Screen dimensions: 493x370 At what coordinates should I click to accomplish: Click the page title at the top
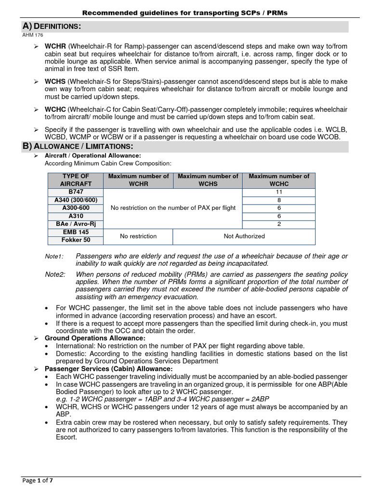pos(185,13)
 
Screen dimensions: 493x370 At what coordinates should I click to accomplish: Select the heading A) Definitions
pos(52,26)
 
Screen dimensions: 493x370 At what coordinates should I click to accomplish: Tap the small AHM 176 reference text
pos(33,35)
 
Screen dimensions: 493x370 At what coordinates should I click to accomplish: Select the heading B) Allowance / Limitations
pos(78,146)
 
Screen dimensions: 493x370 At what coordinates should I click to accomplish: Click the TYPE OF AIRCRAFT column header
pos(76,180)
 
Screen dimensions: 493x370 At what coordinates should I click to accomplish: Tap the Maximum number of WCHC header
pos(279,180)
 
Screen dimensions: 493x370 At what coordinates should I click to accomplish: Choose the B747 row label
pos(76,192)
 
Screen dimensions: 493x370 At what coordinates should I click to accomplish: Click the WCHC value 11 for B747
pos(279,192)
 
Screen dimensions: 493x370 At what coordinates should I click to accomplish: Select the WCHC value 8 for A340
pos(279,200)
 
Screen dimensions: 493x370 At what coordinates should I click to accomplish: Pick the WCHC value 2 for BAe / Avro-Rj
pos(279,224)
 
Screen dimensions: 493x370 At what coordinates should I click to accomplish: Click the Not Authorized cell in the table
pos(244,236)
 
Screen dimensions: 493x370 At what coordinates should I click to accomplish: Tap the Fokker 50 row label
pos(76,240)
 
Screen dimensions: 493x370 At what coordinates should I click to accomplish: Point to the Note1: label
pos(54,257)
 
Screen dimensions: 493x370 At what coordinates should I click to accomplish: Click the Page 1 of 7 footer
pos(37,480)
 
